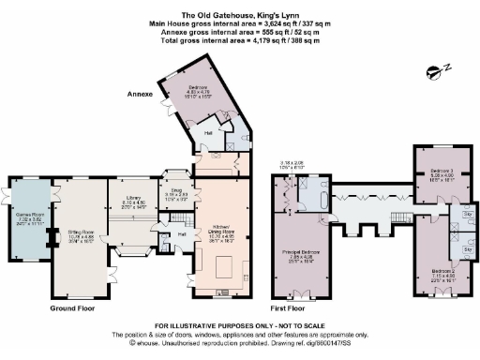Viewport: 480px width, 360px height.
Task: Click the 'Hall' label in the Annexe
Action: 209,134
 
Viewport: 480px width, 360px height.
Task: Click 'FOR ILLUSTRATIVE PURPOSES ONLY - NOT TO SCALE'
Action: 239,324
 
